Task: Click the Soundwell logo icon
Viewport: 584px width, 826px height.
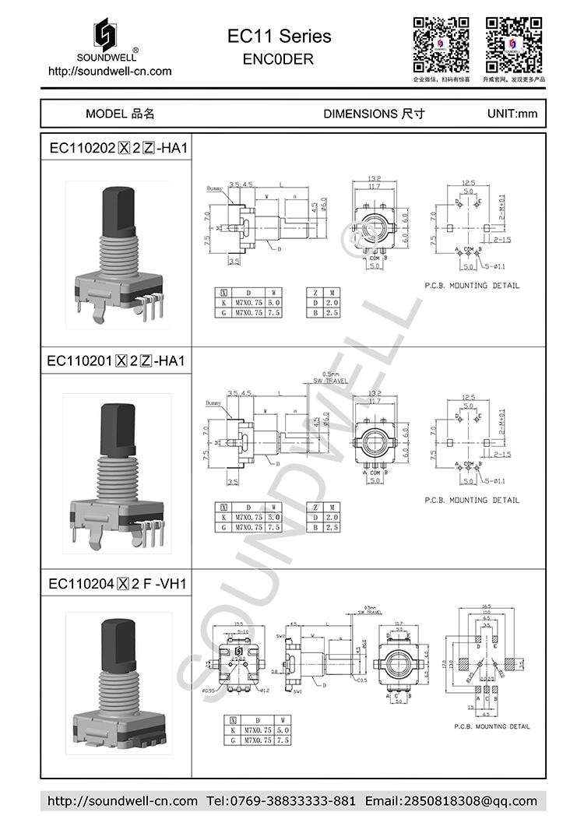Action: click(x=109, y=34)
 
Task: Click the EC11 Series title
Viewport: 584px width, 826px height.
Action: click(x=279, y=36)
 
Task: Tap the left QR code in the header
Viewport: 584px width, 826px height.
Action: click(x=440, y=44)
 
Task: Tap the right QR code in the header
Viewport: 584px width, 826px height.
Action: click(x=514, y=44)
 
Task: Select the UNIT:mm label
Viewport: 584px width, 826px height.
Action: click(x=512, y=114)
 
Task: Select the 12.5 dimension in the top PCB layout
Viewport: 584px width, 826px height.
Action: click(x=468, y=183)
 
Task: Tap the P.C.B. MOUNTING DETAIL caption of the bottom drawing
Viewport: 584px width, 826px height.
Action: click(x=491, y=726)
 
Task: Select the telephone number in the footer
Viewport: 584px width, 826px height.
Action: click(x=282, y=801)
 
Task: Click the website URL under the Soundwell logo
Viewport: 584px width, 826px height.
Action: click(x=110, y=71)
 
